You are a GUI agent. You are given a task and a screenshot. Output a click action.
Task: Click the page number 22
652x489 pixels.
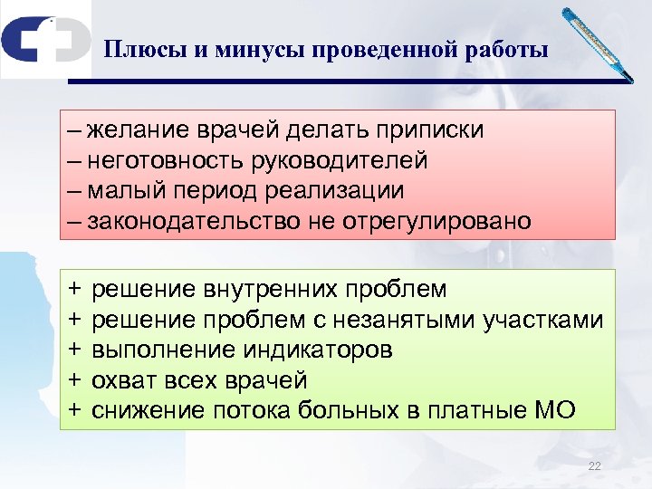594,466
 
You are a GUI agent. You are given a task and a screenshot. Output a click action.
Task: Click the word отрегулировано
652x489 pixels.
436,222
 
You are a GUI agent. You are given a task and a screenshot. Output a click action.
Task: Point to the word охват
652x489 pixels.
123,379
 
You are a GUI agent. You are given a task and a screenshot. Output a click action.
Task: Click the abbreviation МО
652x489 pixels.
554,410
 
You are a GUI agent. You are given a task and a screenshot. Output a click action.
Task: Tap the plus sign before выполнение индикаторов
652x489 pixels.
74,350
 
